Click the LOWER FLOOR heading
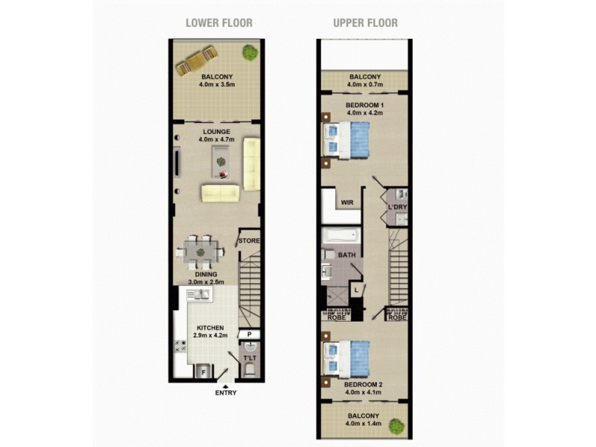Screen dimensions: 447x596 point(218,22)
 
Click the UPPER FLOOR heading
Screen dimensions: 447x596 point(365,22)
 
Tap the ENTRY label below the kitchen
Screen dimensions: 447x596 point(225,393)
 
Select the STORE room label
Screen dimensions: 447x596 point(249,241)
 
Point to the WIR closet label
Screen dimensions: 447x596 point(346,202)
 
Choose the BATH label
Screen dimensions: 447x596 point(346,256)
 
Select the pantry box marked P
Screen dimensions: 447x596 point(249,335)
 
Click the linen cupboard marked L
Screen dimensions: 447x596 point(357,289)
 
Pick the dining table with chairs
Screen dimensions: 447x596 point(200,251)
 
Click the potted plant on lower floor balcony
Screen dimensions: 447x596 point(250,52)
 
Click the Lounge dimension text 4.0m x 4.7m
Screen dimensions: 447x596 point(216,139)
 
